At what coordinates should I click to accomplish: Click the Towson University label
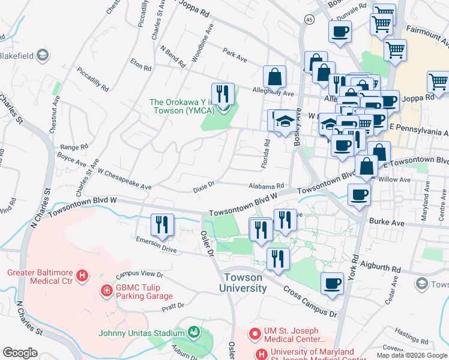click(x=246, y=283)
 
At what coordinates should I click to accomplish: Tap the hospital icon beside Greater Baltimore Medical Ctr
click(x=83, y=277)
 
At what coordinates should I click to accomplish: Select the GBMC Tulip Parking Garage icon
click(x=106, y=291)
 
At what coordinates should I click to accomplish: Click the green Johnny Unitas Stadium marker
click(x=193, y=332)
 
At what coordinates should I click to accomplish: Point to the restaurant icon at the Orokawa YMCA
click(x=223, y=94)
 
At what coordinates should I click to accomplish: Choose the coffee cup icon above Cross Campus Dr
click(x=332, y=283)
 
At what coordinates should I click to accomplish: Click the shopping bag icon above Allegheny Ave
click(x=274, y=77)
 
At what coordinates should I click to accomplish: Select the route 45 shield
click(x=309, y=20)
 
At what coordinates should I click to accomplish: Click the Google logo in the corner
click(x=20, y=352)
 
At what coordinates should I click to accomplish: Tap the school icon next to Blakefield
click(x=42, y=56)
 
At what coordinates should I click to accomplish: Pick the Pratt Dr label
click(x=172, y=307)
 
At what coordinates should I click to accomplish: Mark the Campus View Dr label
click(x=140, y=274)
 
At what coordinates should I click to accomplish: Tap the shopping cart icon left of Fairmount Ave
click(x=381, y=23)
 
